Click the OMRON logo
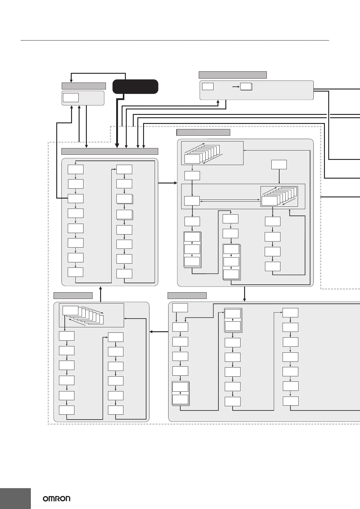(56, 498)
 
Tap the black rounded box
(135, 87)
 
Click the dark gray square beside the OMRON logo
(15, 498)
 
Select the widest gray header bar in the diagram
(110, 151)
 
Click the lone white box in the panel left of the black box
(70, 98)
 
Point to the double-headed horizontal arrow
(230, 200)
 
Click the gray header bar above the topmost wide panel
(232, 75)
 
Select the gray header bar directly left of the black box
(83, 86)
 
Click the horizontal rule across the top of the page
(174, 40)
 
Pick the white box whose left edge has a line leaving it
(76, 198)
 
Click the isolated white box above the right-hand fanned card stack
(279, 165)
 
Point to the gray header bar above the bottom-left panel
(73, 295)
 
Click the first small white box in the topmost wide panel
(208, 86)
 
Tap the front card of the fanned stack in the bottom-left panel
(70, 310)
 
